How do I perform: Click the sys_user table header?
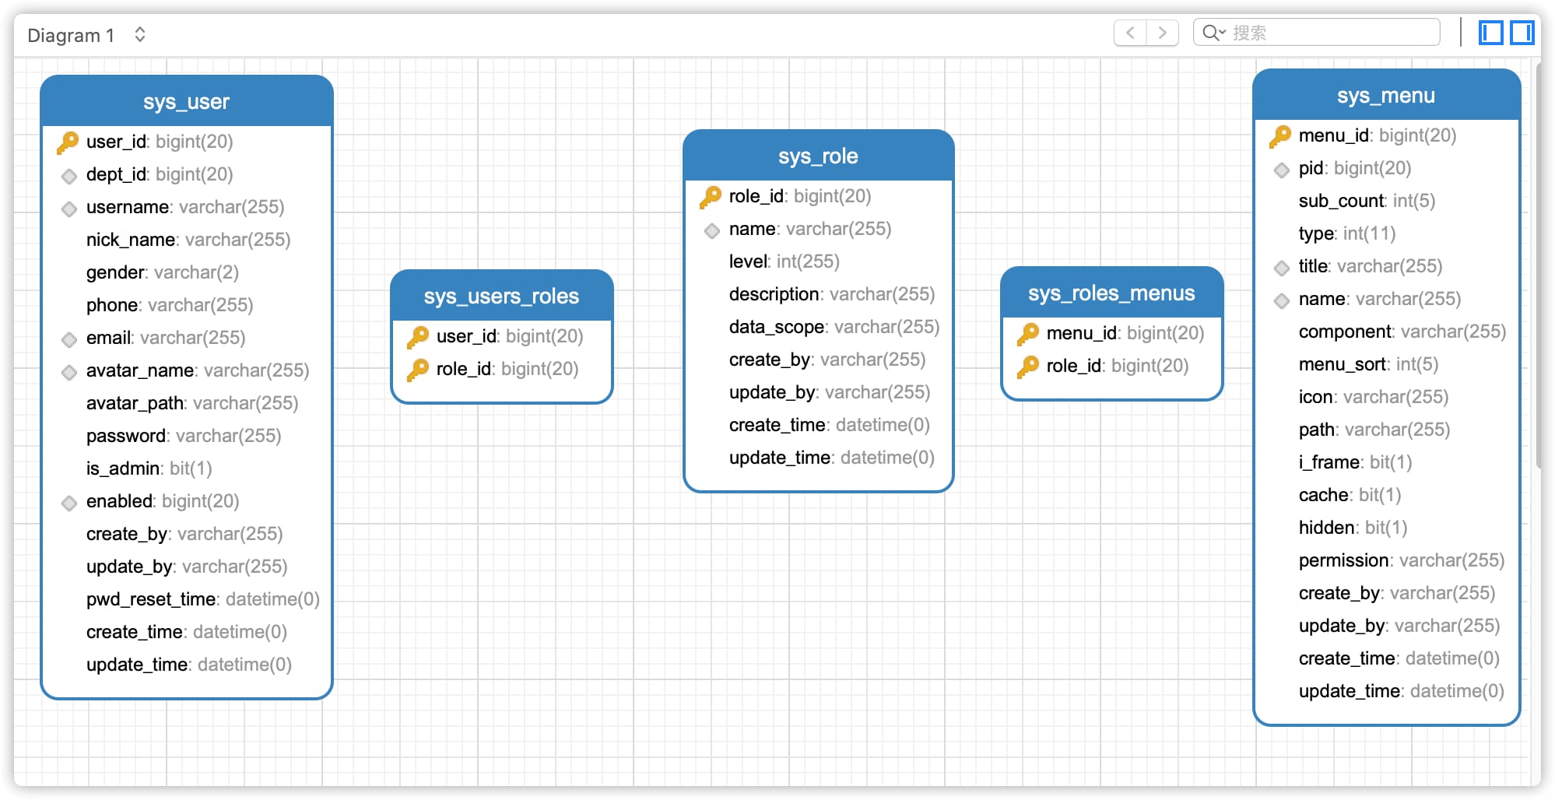pos(187,101)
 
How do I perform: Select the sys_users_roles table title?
pos(501,296)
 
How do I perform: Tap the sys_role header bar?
pos(819,156)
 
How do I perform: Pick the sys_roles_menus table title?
pos(1111,293)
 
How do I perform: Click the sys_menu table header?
pos(1386,95)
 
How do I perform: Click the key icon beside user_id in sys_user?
pos(68,142)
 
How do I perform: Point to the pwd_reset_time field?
pos(203,599)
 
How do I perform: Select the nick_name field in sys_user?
pos(188,240)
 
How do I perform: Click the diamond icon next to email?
pos(69,339)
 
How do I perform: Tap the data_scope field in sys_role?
pos(834,327)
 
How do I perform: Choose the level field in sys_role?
pos(785,261)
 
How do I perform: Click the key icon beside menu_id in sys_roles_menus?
pos(1029,334)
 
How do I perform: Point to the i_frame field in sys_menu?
pos(1355,462)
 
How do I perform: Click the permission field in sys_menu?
pos(1402,560)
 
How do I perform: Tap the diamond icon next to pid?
pos(1282,170)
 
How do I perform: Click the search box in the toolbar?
pos(1317,33)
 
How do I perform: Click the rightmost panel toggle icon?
pos(1522,33)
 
